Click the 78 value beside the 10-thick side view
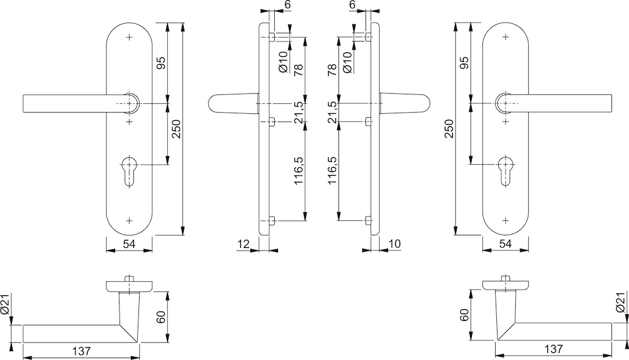[332, 69]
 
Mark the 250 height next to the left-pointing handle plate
[177, 128]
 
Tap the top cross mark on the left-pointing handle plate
[130, 38]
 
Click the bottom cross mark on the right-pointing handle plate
[506, 220]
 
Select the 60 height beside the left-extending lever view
[162, 318]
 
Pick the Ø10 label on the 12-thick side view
[282, 62]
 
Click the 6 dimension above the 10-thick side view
[352, 5]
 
